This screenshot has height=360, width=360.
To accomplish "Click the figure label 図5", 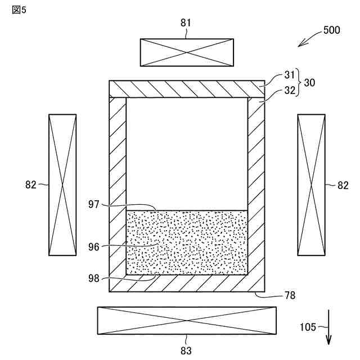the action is coord(19,11).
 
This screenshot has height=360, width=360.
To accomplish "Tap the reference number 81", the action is coord(186,23).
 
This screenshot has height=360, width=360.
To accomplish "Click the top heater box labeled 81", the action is coord(187,52).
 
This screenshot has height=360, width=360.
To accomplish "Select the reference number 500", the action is coord(331,30).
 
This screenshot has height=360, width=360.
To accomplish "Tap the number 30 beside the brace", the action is coord(309,82).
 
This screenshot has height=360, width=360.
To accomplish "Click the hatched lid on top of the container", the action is coord(187,88).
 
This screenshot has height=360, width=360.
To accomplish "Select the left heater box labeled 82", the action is coord(62,185).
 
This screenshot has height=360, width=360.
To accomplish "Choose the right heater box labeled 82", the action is coord(311,185).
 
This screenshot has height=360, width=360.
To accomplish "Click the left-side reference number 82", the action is coord(32,185).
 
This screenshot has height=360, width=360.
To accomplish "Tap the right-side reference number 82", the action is coord(342,185).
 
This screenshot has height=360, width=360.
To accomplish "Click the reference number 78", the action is coord(290,295).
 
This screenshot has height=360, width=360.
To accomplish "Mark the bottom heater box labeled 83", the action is coord(187,321).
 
